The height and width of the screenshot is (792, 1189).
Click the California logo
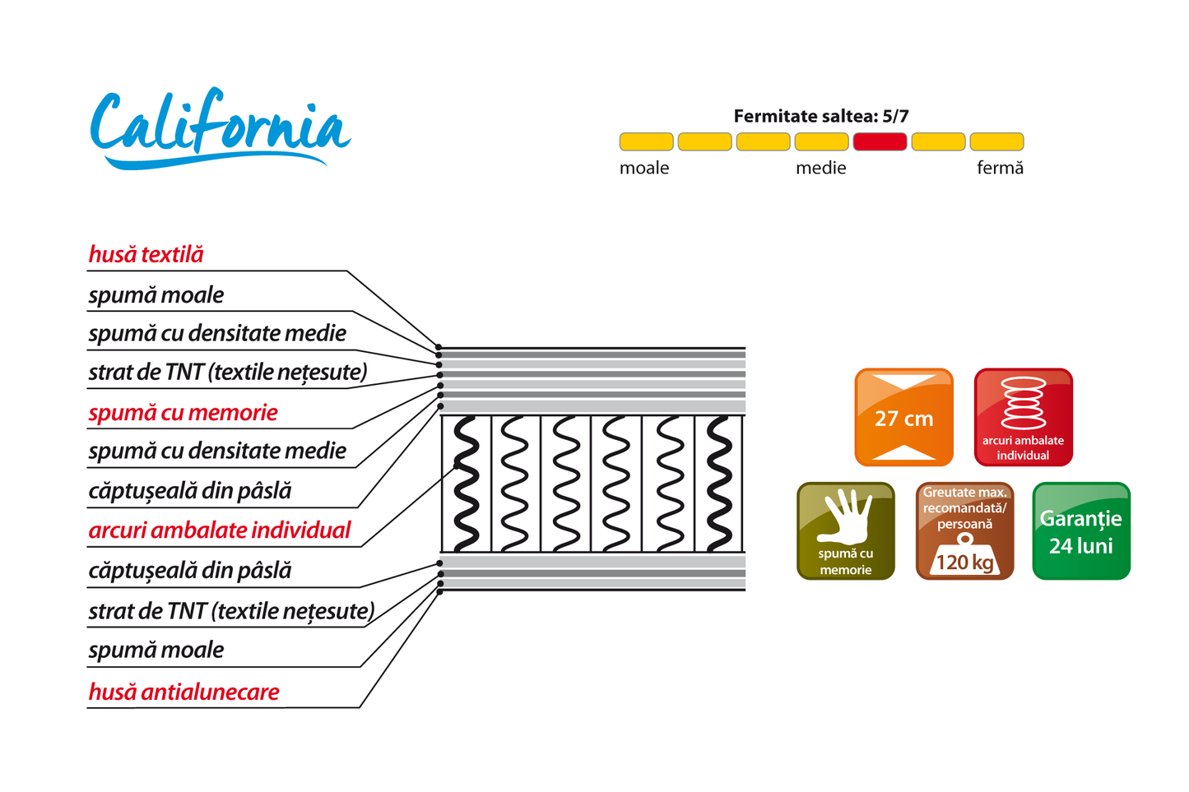pos(220,129)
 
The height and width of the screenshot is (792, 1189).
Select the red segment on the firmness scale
pos(880,142)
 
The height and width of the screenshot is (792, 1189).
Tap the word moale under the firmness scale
pos(644,168)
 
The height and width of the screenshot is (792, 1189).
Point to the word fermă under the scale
pos(1000,168)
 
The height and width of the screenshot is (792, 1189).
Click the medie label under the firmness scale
pos(820,168)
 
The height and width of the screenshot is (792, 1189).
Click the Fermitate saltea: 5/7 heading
pos(820,116)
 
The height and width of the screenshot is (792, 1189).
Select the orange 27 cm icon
pos(903,417)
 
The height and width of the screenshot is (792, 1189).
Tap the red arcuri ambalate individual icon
pos(1023,417)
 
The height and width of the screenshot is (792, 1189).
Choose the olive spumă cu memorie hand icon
pos(845,530)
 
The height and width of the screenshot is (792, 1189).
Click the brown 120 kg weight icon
pos(964,530)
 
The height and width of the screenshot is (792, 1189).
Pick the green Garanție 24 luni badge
pos(1080,530)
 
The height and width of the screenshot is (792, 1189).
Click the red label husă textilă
pos(146,254)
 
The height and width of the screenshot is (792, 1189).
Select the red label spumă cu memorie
pos(183,412)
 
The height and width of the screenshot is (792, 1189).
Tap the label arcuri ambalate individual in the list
pos(220,530)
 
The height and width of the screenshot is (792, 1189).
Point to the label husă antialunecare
pos(184,692)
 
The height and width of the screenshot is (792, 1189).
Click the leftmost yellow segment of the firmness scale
pos(646,142)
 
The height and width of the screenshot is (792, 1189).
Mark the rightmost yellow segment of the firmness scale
pos(996,142)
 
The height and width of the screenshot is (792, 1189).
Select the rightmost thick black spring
pos(719,484)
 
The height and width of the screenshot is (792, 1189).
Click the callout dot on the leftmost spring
pos(457,466)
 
